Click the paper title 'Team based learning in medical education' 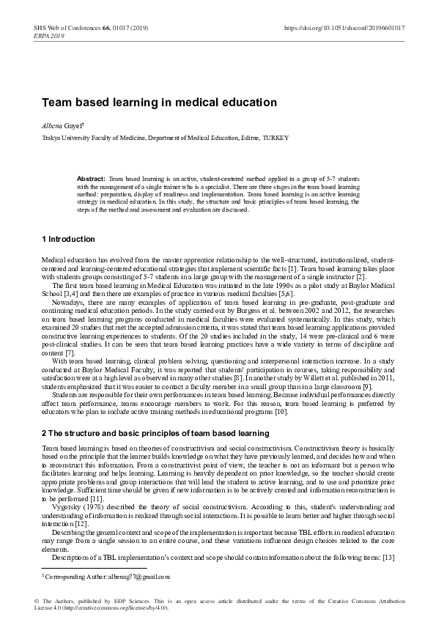coord(159,103)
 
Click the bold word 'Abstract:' coord(92,179)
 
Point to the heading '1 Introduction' coord(68,240)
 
